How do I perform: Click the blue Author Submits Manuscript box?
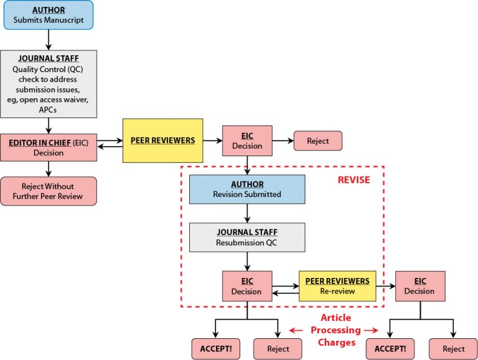pos(48,15)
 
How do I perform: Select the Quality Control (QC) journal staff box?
pos(48,84)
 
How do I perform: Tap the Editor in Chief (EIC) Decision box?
pos(48,147)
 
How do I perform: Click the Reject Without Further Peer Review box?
pos(48,191)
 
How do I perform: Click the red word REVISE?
pos(354,180)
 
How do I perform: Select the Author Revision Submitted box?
pos(247,189)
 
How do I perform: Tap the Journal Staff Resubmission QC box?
pos(247,237)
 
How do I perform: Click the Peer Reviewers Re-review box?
pos(337,286)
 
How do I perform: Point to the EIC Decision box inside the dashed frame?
pos(247,286)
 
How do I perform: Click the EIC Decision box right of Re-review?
pos(419,286)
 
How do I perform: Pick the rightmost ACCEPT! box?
pos(390,349)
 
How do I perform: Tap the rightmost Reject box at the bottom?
pos(454,349)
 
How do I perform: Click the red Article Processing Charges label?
pos(336,330)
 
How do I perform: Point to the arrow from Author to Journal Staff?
pos(48,40)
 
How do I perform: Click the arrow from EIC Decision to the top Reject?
pos(283,141)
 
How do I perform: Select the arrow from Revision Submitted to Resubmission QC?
pos(247,213)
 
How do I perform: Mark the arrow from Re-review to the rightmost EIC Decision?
pos(385,286)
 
